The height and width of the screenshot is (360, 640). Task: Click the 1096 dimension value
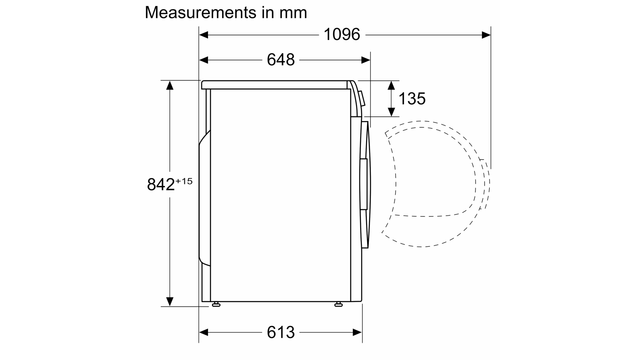coord(342,34)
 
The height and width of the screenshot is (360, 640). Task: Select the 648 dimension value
coord(280,60)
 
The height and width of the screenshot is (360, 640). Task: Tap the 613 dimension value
coord(280,332)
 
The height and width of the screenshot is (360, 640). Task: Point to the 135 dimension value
coord(412,98)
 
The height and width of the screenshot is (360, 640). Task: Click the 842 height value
coord(160,184)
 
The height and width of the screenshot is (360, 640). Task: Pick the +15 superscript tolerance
coord(184,181)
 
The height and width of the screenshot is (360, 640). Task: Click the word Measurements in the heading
coord(200,12)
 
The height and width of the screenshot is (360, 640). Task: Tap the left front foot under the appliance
coord(216,304)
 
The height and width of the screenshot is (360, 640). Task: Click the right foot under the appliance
coord(338,304)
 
